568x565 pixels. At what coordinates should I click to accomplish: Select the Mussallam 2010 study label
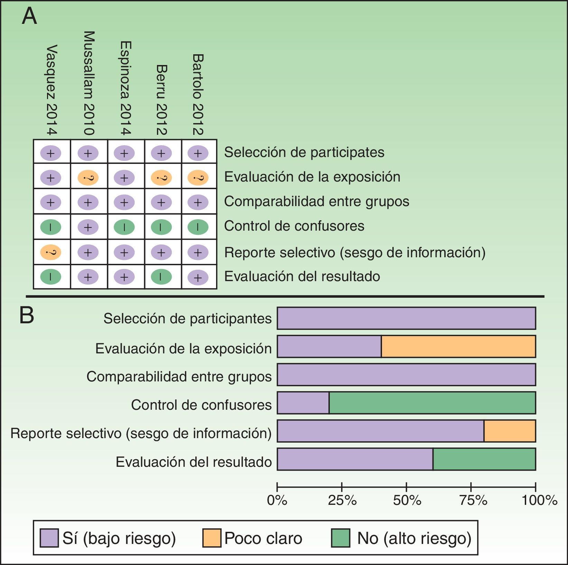(x=89, y=83)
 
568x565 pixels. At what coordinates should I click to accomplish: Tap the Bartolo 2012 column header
(x=198, y=94)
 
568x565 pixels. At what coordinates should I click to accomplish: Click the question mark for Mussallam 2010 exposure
(x=88, y=178)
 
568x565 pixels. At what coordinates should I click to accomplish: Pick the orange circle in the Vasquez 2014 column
(x=50, y=252)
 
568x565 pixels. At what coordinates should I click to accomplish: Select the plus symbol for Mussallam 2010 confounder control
(x=88, y=227)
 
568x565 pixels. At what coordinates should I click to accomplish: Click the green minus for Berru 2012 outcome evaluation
(x=161, y=277)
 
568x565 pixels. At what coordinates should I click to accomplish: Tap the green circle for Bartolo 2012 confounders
(x=198, y=227)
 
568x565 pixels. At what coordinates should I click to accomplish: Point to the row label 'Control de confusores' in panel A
(x=294, y=226)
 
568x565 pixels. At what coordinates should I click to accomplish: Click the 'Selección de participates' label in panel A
(x=304, y=152)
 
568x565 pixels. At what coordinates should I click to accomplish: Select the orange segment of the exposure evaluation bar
(x=458, y=346)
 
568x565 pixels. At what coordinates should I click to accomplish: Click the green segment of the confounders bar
(x=432, y=403)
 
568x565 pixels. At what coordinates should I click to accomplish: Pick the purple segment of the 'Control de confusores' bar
(x=303, y=403)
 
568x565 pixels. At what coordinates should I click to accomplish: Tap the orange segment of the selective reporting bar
(x=510, y=431)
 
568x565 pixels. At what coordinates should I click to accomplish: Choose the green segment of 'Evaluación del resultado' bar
(x=484, y=459)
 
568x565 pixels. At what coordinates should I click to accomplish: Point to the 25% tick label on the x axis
(x=342, y=500)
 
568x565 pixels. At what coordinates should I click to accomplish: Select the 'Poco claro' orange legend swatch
(x=212, y=538)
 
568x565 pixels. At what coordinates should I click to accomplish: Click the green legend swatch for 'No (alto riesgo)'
(x=341, y=538)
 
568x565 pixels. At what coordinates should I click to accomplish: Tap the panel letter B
(x=27, y=315)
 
